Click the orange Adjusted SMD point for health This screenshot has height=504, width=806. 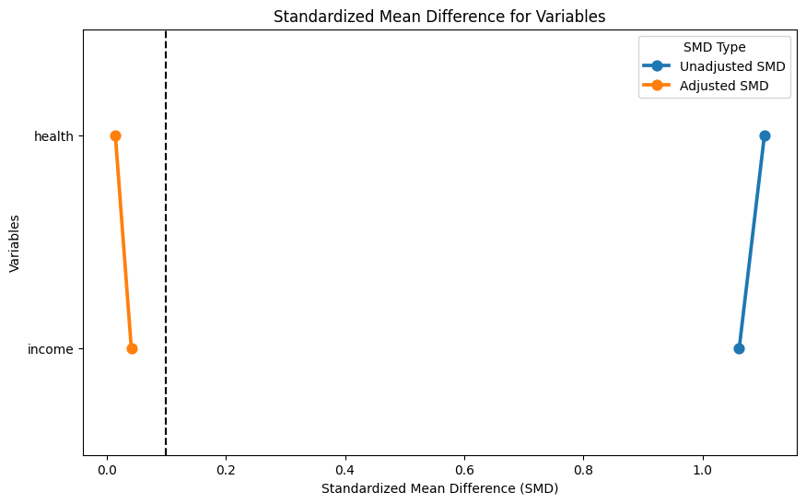[x=116, y=135]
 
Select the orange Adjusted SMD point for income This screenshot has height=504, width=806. [x=132, y=348]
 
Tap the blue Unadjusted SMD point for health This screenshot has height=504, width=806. [x=765, y=135]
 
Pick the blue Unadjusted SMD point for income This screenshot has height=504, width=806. [x=739, y=348]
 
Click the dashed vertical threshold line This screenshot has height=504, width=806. [x=166, y=242]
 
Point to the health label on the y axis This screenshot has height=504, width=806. [x=53, y=136]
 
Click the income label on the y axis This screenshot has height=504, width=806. [x=51, y=349]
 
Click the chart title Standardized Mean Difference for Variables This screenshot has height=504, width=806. [x=439, y=17]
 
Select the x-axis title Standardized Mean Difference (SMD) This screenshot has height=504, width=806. [x=439, y=488]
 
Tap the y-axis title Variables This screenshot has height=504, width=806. [x=15, y=243]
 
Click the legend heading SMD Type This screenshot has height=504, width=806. [x=715, y=47]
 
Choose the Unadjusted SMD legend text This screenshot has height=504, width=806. [x=732, y=66]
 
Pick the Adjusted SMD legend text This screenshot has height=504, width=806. [x=724, y=86]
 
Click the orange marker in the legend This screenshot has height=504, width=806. [x=657, y=86]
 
